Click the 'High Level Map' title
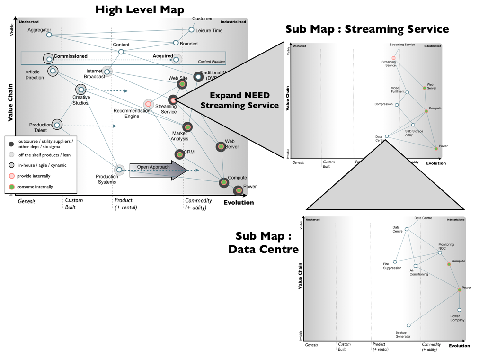(x=140, y=9)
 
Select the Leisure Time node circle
(x=191, y=30)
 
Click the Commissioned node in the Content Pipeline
(x=48, y=58)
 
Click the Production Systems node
(x=119, y=170)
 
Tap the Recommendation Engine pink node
(x=148, y=104)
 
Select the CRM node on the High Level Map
(x=179, y=154)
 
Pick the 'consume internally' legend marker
(x=11, y=187)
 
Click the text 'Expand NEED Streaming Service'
(x=239, y=100)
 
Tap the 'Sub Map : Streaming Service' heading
(x=367, y=29)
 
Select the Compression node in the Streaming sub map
(x=397, y=105)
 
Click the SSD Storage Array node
(x=413, y=125)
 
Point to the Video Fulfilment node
(x=407, y=92)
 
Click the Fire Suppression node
(x=395, y=261)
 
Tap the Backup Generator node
(x=408, y=325)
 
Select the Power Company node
(x=459, y=310)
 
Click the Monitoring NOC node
(x=440, y=252)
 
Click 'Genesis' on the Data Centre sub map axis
(x=311, y=345)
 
